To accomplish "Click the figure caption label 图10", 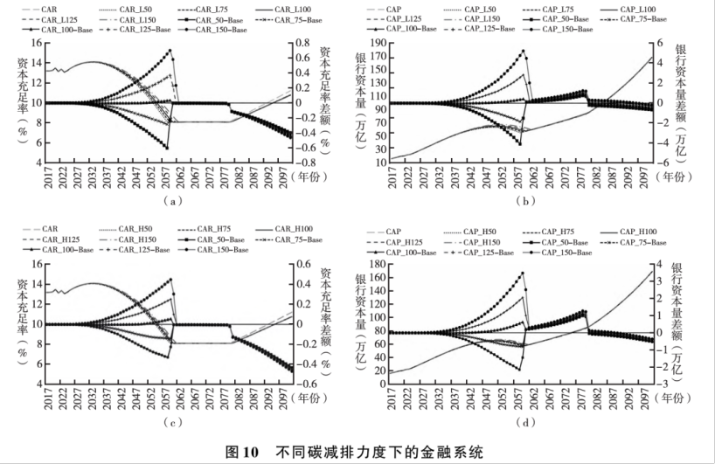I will click(242, 452).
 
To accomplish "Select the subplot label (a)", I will click(172, 201).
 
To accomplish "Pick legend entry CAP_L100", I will click(641, 9).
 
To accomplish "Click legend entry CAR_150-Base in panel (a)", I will click(216, 29).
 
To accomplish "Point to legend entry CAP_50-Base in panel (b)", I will click(566, 18).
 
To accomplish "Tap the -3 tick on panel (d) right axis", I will click(667, 384).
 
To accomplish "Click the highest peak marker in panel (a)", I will click(170, 51).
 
